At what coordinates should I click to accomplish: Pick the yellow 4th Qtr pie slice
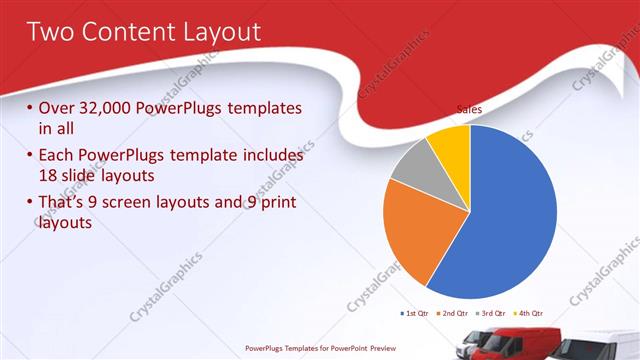451,145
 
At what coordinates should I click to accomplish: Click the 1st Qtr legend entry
414,314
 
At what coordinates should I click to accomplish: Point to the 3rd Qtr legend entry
492,314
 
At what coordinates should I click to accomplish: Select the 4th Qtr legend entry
530,314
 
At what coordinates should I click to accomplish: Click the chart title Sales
470,108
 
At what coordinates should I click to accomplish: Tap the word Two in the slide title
49,32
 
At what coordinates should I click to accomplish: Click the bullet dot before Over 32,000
30,108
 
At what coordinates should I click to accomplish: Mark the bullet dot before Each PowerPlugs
30,156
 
